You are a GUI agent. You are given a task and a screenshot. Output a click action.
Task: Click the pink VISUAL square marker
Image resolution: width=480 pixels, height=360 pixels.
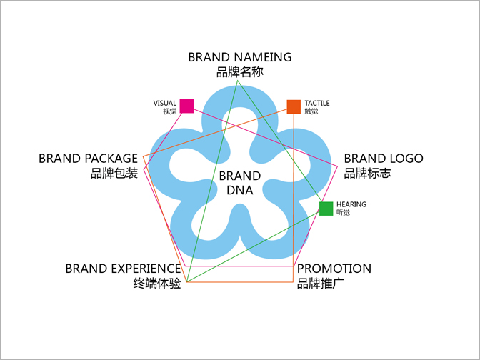(x=186, y=106)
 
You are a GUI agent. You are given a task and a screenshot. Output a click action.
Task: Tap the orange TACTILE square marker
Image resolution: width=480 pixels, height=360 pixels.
(x=294, y=106)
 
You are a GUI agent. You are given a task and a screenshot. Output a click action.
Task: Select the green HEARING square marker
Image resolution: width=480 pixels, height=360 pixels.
(x=326, y=209)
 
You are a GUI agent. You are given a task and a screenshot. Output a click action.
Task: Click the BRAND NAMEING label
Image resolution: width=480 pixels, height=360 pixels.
(x=240, y=56)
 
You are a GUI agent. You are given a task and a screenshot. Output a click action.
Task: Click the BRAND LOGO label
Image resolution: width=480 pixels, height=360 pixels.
(x=383, y=159)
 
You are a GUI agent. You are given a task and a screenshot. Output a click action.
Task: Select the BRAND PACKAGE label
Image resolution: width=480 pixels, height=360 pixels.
(x=88, y=158)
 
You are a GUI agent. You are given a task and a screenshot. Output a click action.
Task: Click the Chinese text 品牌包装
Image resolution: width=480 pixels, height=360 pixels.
(x=114, y=173)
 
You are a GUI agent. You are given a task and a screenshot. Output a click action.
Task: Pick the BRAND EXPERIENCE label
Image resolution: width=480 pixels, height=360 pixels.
(x=123, y=269)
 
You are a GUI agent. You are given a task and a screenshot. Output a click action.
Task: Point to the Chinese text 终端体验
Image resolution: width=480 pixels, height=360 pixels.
(x=157, y=283)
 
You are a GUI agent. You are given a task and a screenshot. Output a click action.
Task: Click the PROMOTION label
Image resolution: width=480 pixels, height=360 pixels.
(x=334, y=269)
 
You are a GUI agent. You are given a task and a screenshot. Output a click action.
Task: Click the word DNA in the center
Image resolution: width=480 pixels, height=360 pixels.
(x=240, y=190)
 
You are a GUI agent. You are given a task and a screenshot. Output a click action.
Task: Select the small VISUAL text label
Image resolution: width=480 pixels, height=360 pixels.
(x=165, y=103)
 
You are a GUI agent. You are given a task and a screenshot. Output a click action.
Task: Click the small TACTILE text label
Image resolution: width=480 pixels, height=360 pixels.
(x=317, y=103)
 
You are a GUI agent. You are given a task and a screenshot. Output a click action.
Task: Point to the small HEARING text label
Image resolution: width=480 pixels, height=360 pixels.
(x=351, y=204)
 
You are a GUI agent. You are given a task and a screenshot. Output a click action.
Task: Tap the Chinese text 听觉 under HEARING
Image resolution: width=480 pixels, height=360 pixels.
(x=344, y=213)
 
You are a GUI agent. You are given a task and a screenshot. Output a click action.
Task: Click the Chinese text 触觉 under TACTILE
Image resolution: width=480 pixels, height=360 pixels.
(x=311, y=111)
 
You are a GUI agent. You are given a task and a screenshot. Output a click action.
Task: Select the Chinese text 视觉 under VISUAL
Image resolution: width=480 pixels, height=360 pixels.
(x=169, y=111)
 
